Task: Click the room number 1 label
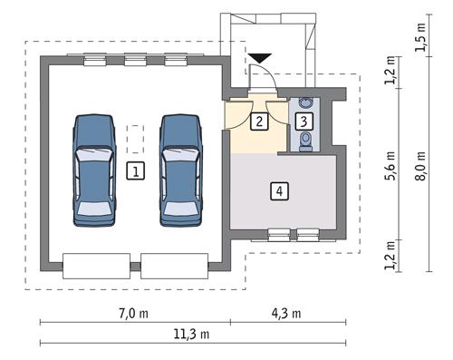tap(134, 170)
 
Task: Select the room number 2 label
tap(259, 120)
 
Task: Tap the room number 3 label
tap(304, 120)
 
